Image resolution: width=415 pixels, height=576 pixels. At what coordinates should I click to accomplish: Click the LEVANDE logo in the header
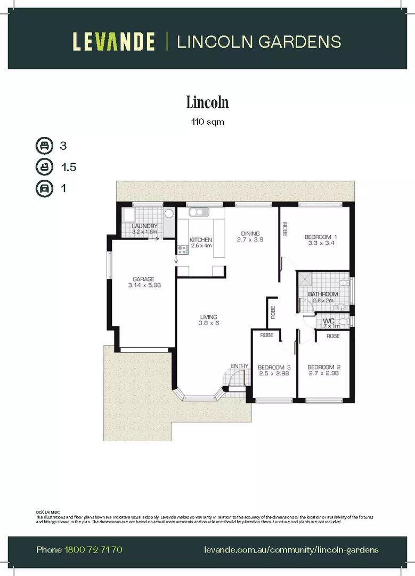113,42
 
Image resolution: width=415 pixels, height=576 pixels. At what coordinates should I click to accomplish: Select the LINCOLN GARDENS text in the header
258,42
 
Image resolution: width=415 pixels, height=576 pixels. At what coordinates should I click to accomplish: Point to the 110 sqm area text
207,122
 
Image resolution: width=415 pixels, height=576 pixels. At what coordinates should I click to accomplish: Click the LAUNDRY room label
144,226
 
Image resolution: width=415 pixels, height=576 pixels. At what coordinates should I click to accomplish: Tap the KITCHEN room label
201,239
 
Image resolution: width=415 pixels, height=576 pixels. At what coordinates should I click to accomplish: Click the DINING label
250,233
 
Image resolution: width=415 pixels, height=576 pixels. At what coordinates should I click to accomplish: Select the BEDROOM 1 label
321,237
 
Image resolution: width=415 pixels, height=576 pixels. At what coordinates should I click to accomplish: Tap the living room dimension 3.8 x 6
208,323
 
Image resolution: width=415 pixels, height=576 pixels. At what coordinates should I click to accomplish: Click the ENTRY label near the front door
239,365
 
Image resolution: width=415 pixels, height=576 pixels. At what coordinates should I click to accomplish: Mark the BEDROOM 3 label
274,367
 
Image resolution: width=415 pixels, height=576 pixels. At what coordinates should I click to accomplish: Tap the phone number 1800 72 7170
93,549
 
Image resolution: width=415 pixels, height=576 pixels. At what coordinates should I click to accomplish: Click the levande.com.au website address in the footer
291,549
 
